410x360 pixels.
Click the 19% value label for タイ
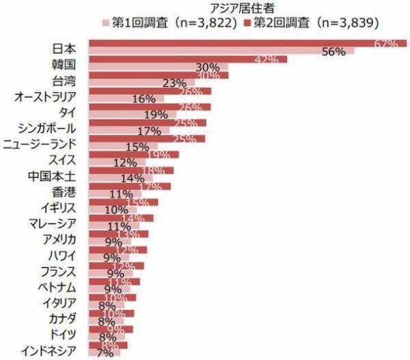pos(156,115)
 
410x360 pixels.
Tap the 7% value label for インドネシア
pos(105,353)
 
